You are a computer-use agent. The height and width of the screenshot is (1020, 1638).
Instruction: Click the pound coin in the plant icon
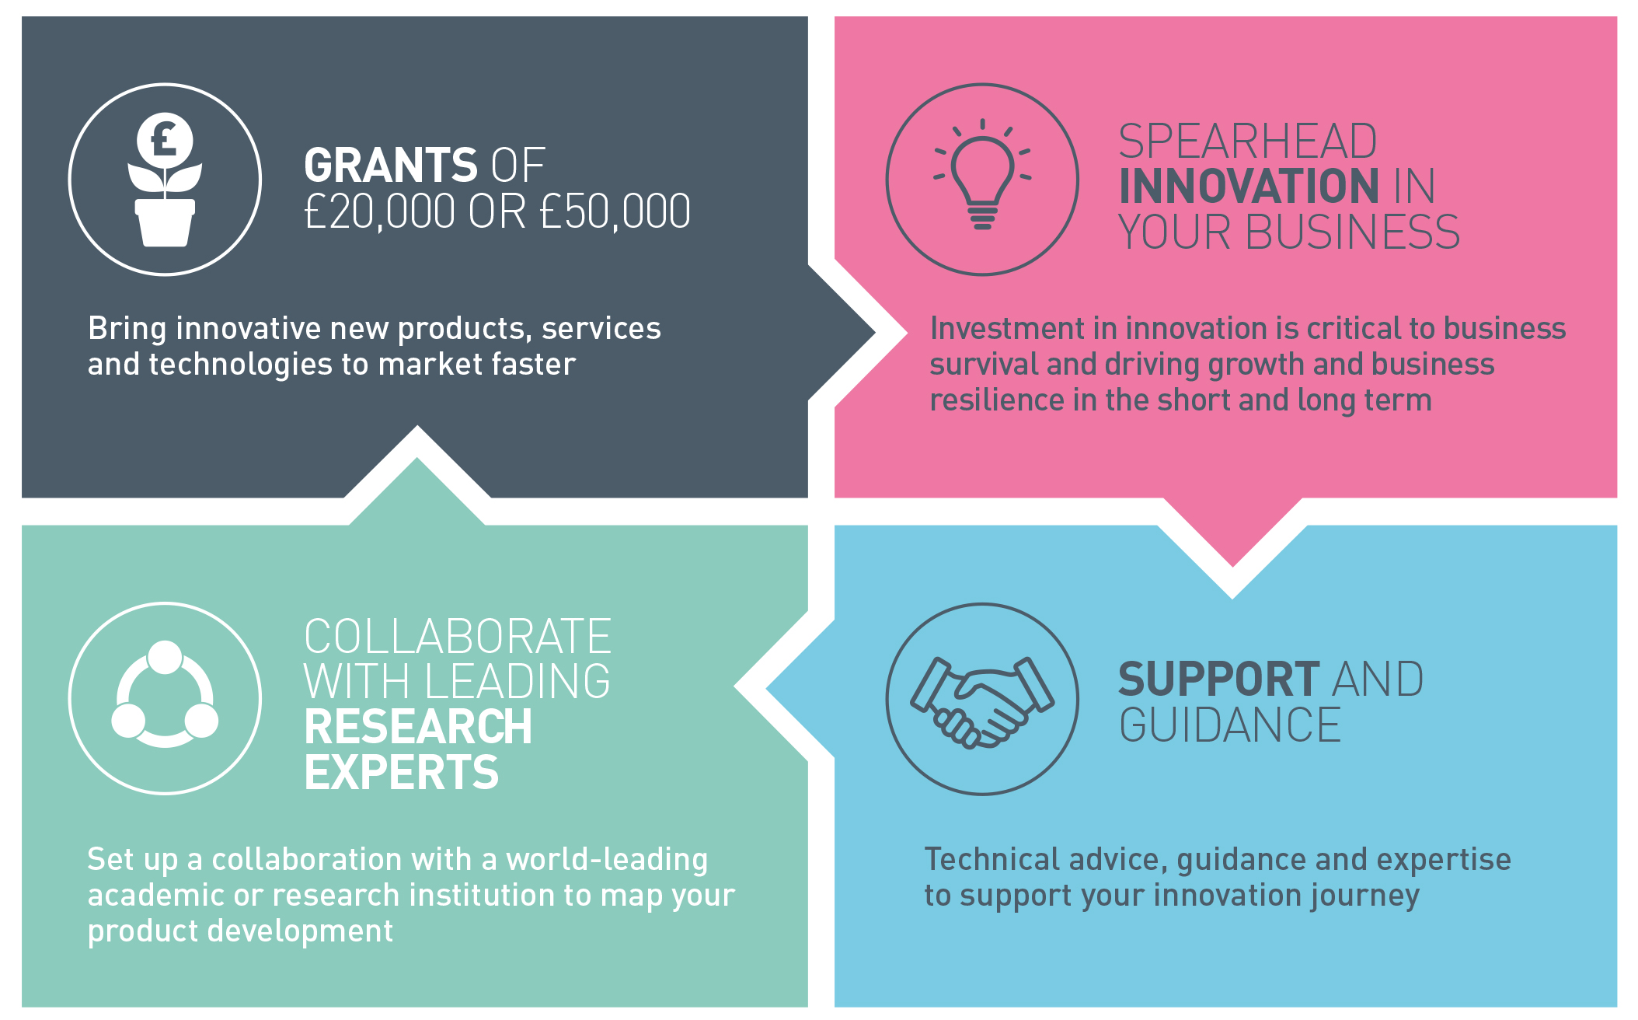165,139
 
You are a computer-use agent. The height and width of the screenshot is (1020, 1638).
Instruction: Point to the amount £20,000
380,211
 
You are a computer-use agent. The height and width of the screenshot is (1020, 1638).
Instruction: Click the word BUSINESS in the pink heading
1353,232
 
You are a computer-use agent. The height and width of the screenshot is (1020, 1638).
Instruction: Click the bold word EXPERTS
402,772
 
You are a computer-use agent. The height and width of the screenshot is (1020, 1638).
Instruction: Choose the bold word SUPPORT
1218,679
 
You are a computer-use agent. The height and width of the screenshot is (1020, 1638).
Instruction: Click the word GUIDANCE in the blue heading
1230,725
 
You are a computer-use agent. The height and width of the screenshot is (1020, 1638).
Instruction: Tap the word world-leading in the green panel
607,860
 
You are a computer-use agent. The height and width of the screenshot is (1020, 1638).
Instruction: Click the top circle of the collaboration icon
165,658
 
